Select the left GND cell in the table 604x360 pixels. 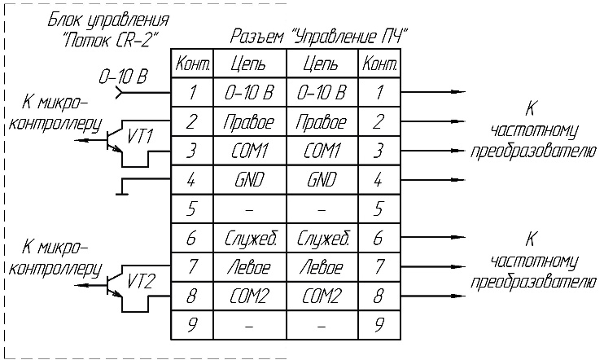250,180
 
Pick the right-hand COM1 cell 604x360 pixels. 322,151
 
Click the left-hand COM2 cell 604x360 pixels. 250,296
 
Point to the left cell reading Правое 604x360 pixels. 250,121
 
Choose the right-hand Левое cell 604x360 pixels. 322,267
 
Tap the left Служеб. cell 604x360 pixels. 250,238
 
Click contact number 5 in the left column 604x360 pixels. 192,209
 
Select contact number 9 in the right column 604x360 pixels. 379,325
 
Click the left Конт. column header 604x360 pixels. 192,64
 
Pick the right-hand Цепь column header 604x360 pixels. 322,64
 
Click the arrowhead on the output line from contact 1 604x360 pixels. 458,92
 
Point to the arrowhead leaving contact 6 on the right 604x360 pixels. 458,238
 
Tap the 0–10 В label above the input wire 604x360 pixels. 123,77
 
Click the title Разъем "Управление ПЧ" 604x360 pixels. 319,37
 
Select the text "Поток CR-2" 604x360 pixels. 111,39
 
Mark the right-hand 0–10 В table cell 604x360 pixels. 322,93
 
